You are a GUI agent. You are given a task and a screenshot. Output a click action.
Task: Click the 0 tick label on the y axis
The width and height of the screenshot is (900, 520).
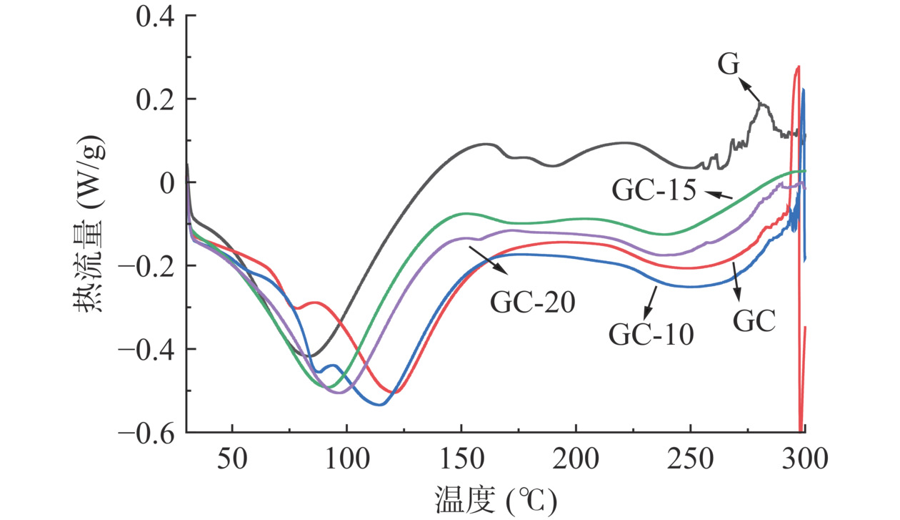(x=169, y=182)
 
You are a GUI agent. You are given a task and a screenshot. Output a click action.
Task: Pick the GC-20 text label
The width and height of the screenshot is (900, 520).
(x=533, y=303)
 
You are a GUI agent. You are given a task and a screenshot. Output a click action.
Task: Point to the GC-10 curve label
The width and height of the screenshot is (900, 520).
(x=651, y=334)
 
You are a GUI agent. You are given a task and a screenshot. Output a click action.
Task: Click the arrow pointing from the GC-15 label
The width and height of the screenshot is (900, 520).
(x=721, y=194)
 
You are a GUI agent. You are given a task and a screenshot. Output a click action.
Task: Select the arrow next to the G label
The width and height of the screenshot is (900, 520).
(x=749, y=91)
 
